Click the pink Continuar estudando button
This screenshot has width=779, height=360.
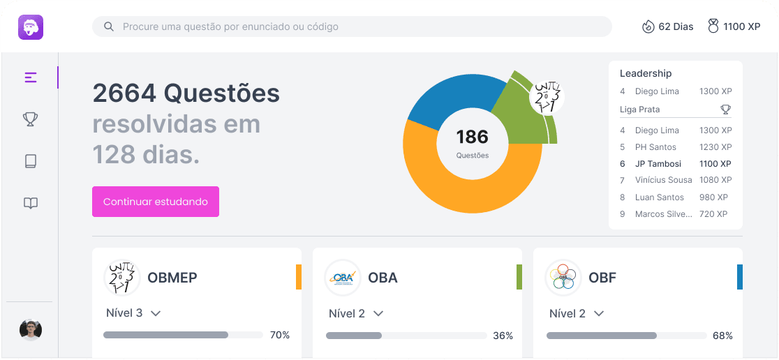click(x=156, y=202)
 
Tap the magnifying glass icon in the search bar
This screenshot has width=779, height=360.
click(x=109, y=27)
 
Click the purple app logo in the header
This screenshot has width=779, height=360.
click(x=31, y=27)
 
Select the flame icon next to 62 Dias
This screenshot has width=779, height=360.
click(x=648, y=27)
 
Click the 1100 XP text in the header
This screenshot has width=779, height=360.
click(x=741, y=27)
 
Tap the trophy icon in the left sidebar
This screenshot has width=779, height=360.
click(x=30, y=119)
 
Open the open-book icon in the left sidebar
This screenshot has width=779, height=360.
click(x=30, y=203)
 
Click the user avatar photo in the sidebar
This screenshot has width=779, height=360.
click(x=31, y=329)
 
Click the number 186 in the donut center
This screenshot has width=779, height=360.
click(x=473, y=136)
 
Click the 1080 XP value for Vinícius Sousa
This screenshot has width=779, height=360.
click(x=715, y=180)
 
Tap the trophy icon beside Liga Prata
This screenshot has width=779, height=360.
click(x=726, y=110)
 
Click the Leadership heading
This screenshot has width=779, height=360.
click(x=646, y=73)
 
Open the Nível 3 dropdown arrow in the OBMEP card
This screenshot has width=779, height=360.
click(x=156, y=313)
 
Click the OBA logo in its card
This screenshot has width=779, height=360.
click(x=343, y=278)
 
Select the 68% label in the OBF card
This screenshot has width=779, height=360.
click(x=722, y=336)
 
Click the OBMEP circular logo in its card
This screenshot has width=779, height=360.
click(x=122, y=278)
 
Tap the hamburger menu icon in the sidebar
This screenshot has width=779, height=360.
click(x=30, y=77)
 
